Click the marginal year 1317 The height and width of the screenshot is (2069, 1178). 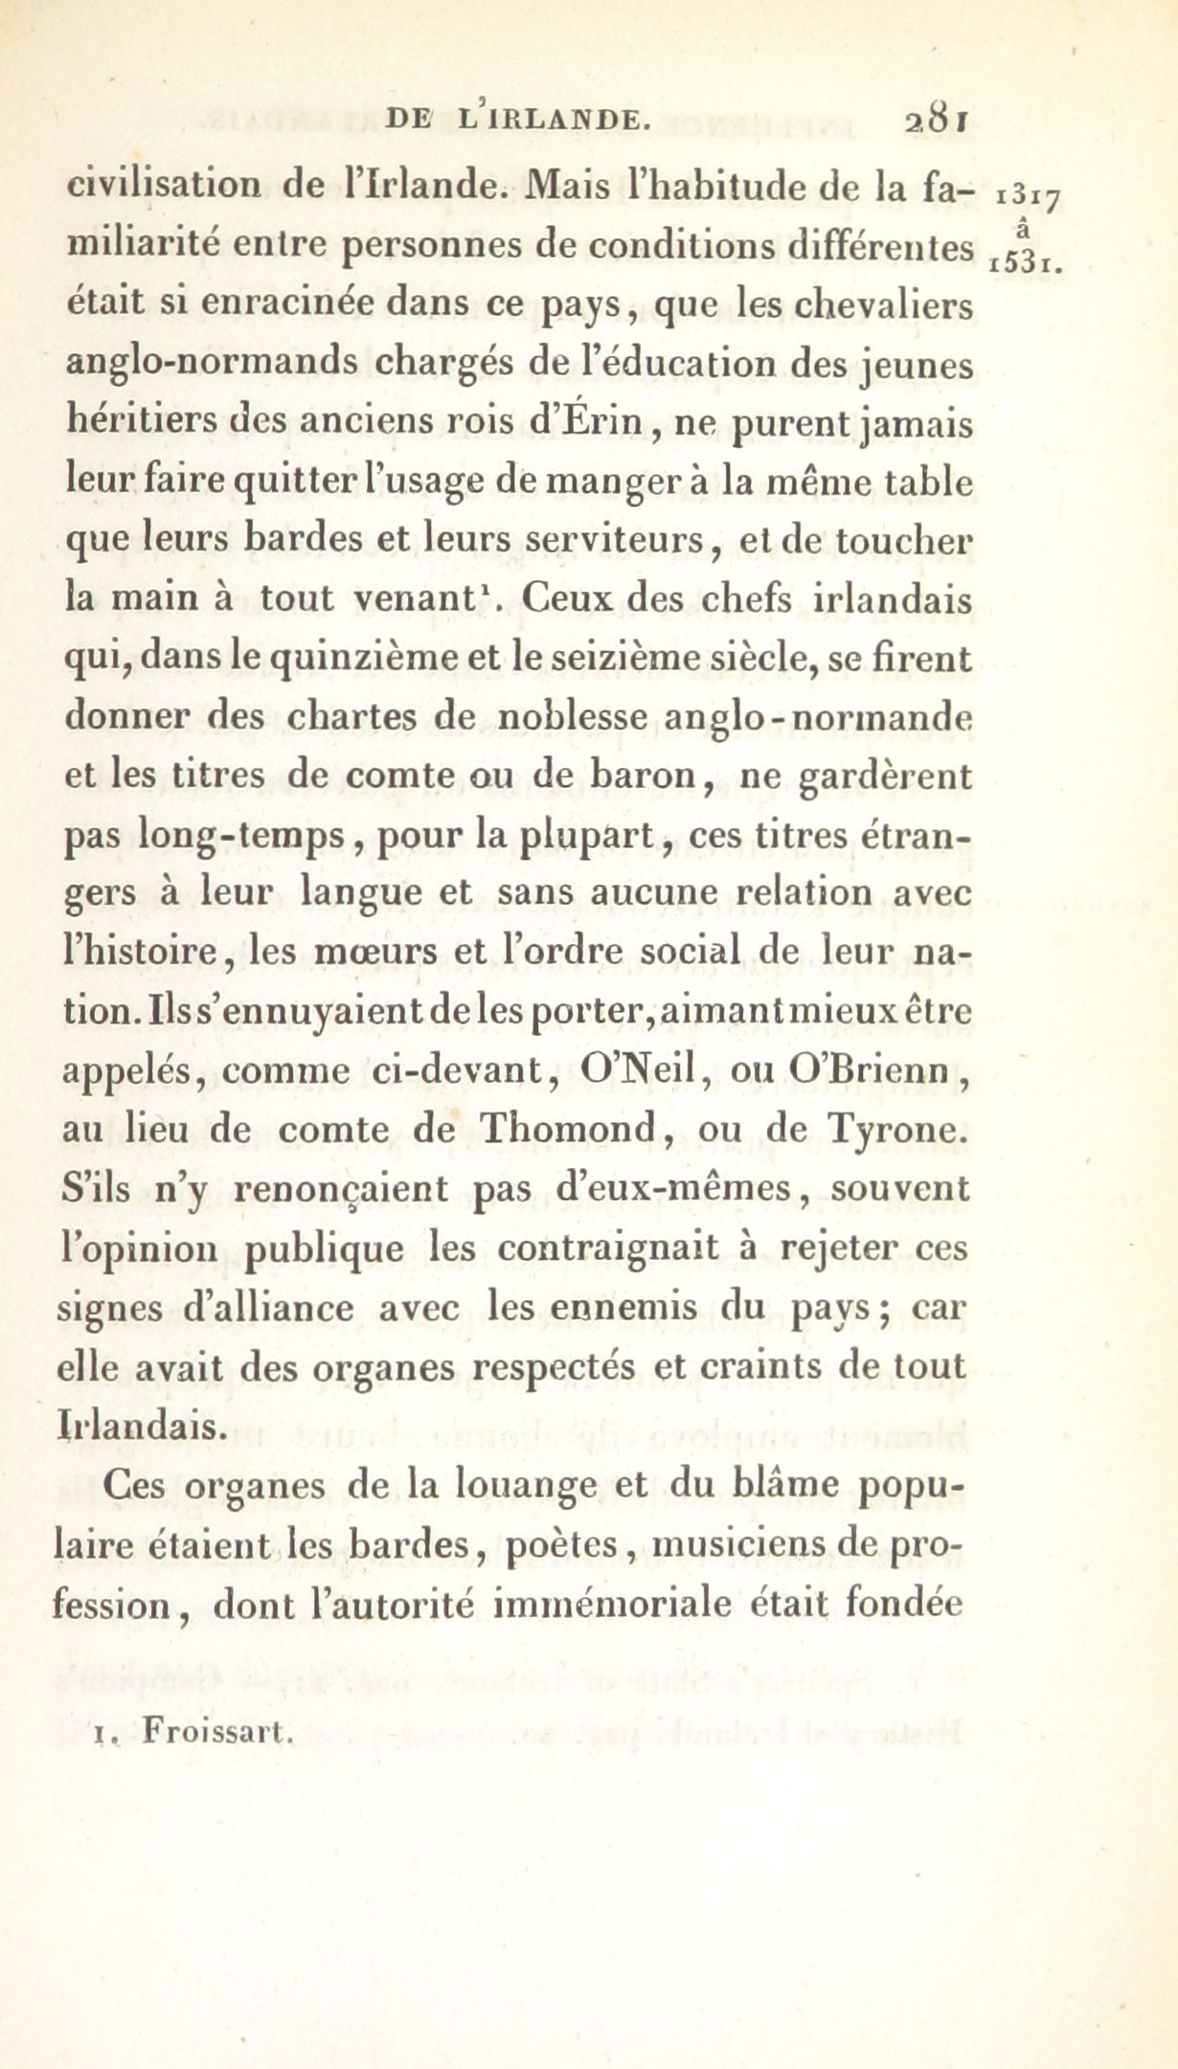tap(1026, 198)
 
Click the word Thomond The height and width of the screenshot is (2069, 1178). tap(572, 1129)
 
